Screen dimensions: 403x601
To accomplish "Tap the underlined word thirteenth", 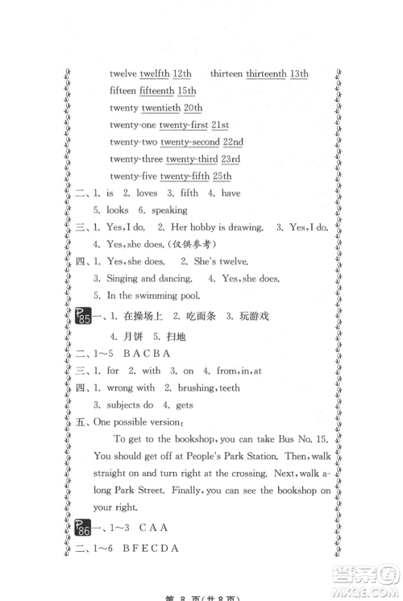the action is click(x=266, y=73).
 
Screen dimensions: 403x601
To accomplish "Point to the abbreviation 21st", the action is click(x=220, y=125).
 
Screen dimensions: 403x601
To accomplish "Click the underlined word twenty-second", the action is click(x=189, y=142).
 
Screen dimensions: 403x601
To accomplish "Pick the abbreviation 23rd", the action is click(x=232, y=160).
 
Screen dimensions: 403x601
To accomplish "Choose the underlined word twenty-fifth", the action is click(x=184, y=176).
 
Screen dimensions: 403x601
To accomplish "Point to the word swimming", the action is click(x=165, y=296).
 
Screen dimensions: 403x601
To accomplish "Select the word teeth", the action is click(x=225, y=388).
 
